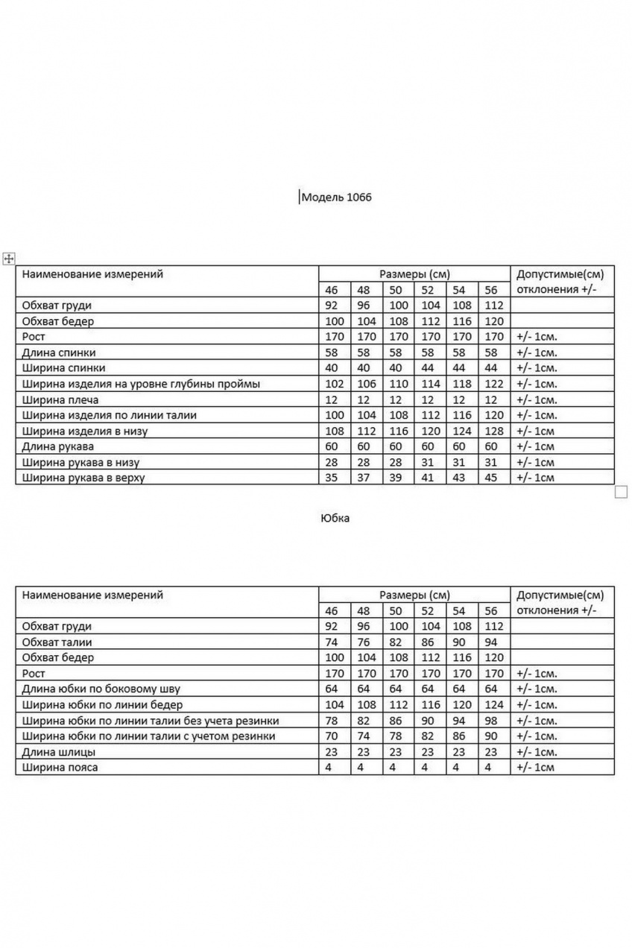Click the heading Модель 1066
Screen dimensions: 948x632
(x=335, y=197)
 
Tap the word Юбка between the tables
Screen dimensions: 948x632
(x=335, y=519)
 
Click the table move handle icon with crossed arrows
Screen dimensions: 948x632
(x=9, y=258)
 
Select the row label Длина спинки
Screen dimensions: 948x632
(x=59, y=353)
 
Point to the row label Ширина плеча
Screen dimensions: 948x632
(x=59, y=399)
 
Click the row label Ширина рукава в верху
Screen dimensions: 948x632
(x=83, y=478)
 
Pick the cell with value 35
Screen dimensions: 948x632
(x=332, y=478)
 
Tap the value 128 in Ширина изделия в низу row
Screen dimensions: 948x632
(x=493, y=431)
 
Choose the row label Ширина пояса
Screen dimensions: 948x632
(x=60, y=767)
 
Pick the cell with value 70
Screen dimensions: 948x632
(x=332, y=736)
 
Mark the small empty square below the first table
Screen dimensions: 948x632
(x=621, y=492)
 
